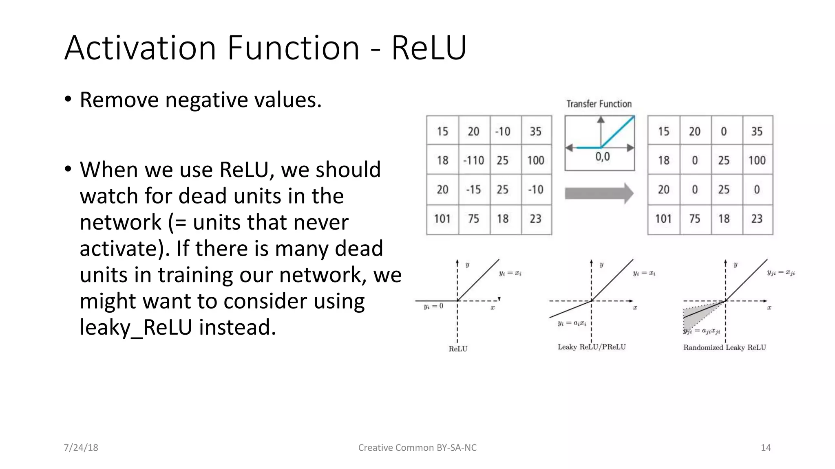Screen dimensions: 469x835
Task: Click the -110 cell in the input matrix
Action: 473,160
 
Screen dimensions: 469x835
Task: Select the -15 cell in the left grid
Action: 473,190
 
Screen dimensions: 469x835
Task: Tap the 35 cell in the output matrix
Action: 757,131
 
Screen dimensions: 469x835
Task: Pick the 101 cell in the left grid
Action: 442,219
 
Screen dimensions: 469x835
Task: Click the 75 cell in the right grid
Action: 695,219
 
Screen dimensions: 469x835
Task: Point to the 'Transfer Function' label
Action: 599,104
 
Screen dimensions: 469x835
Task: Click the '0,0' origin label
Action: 603,157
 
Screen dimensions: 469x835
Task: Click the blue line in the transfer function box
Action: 618,131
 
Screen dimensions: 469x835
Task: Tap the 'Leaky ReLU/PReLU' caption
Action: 592,347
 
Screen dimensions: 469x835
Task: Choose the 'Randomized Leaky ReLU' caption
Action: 725,347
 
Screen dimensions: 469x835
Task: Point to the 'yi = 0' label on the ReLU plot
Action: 433,306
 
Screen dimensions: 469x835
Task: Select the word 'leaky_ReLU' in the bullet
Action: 135,327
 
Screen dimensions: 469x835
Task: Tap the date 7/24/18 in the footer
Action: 81,447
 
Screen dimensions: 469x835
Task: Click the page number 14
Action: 766,447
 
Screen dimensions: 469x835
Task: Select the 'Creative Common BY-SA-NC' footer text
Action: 417,447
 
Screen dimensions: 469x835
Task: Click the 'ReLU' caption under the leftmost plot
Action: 458,349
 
